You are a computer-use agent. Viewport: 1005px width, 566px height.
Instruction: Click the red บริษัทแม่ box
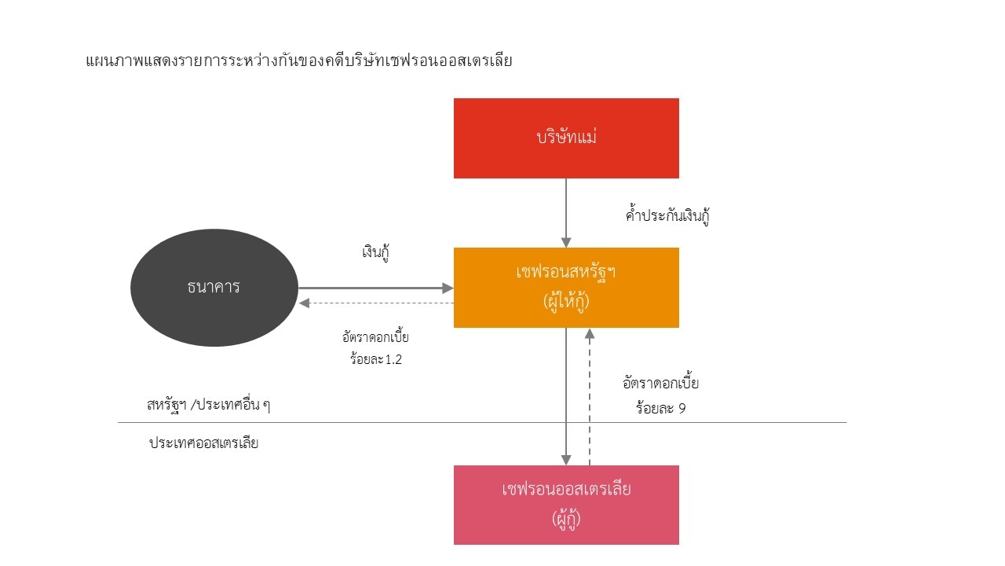(566, 138)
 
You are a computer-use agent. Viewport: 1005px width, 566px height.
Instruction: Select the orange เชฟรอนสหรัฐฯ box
(566, 287)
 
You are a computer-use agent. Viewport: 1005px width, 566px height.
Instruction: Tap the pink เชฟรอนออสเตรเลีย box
(566, 504)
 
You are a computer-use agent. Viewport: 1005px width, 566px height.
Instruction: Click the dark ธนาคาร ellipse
(214, 288)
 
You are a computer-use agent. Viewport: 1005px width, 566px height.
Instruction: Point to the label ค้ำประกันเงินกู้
(667, 216)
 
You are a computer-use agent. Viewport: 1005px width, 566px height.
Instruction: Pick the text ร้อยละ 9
(660, 408)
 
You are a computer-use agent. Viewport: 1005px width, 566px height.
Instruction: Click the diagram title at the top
(298, 60)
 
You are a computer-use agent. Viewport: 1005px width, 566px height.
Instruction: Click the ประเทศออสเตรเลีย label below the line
(203, 443)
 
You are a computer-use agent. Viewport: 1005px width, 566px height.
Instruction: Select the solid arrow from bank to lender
(375, 289)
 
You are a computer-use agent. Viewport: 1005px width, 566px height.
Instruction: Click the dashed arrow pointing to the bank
(375, 303)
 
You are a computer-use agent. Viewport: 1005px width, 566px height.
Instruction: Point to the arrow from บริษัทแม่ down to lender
(566, 212)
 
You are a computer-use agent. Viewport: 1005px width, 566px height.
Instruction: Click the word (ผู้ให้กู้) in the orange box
(566, 302)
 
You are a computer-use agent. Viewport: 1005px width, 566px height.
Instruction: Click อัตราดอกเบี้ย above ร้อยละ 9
(660, 384)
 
